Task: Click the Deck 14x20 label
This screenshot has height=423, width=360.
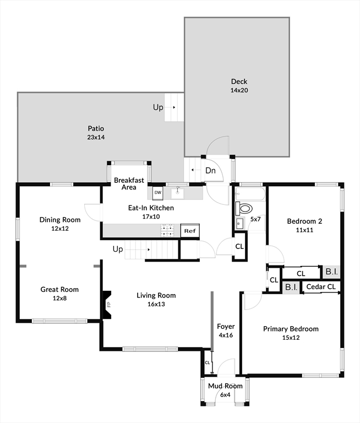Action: point(239,86)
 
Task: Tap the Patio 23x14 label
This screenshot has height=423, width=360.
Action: point(95,133)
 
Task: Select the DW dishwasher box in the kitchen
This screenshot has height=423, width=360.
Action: point(157,193)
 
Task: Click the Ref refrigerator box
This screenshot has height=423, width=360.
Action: point(190,231)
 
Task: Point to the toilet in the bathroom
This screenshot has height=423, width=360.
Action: point(244,209)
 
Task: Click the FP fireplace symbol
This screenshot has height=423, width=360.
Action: point(108,304)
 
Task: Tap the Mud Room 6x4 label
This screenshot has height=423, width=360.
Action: point(225,390)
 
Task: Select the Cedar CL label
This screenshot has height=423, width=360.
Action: point(320,287)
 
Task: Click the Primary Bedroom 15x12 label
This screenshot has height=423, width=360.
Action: point(290,333)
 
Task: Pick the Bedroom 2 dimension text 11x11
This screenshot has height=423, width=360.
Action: point(304,230)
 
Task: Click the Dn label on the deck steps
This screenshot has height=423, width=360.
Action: point(210,171)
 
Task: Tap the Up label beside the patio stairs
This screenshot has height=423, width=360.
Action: point(158,107)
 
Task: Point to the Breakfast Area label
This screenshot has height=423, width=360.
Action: point(129,183)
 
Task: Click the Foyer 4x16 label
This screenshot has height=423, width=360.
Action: point(226,330)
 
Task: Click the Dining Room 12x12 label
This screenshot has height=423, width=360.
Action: point(60,224)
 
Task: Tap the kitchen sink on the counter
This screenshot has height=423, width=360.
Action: point(177,193)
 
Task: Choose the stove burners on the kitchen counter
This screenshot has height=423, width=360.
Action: point(167,230)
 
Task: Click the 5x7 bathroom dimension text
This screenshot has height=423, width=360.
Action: point(256,219)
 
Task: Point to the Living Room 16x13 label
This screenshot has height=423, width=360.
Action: point(156,300)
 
